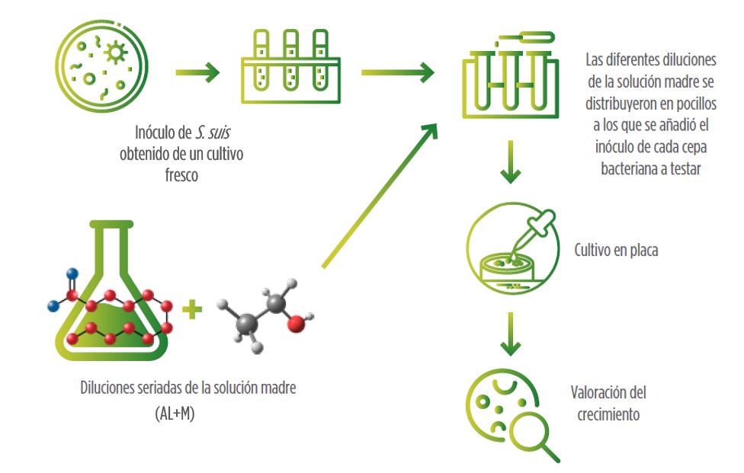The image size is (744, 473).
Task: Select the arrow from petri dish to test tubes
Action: (x=197, y=73)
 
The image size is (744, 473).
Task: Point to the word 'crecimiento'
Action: (x=608, y=415)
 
